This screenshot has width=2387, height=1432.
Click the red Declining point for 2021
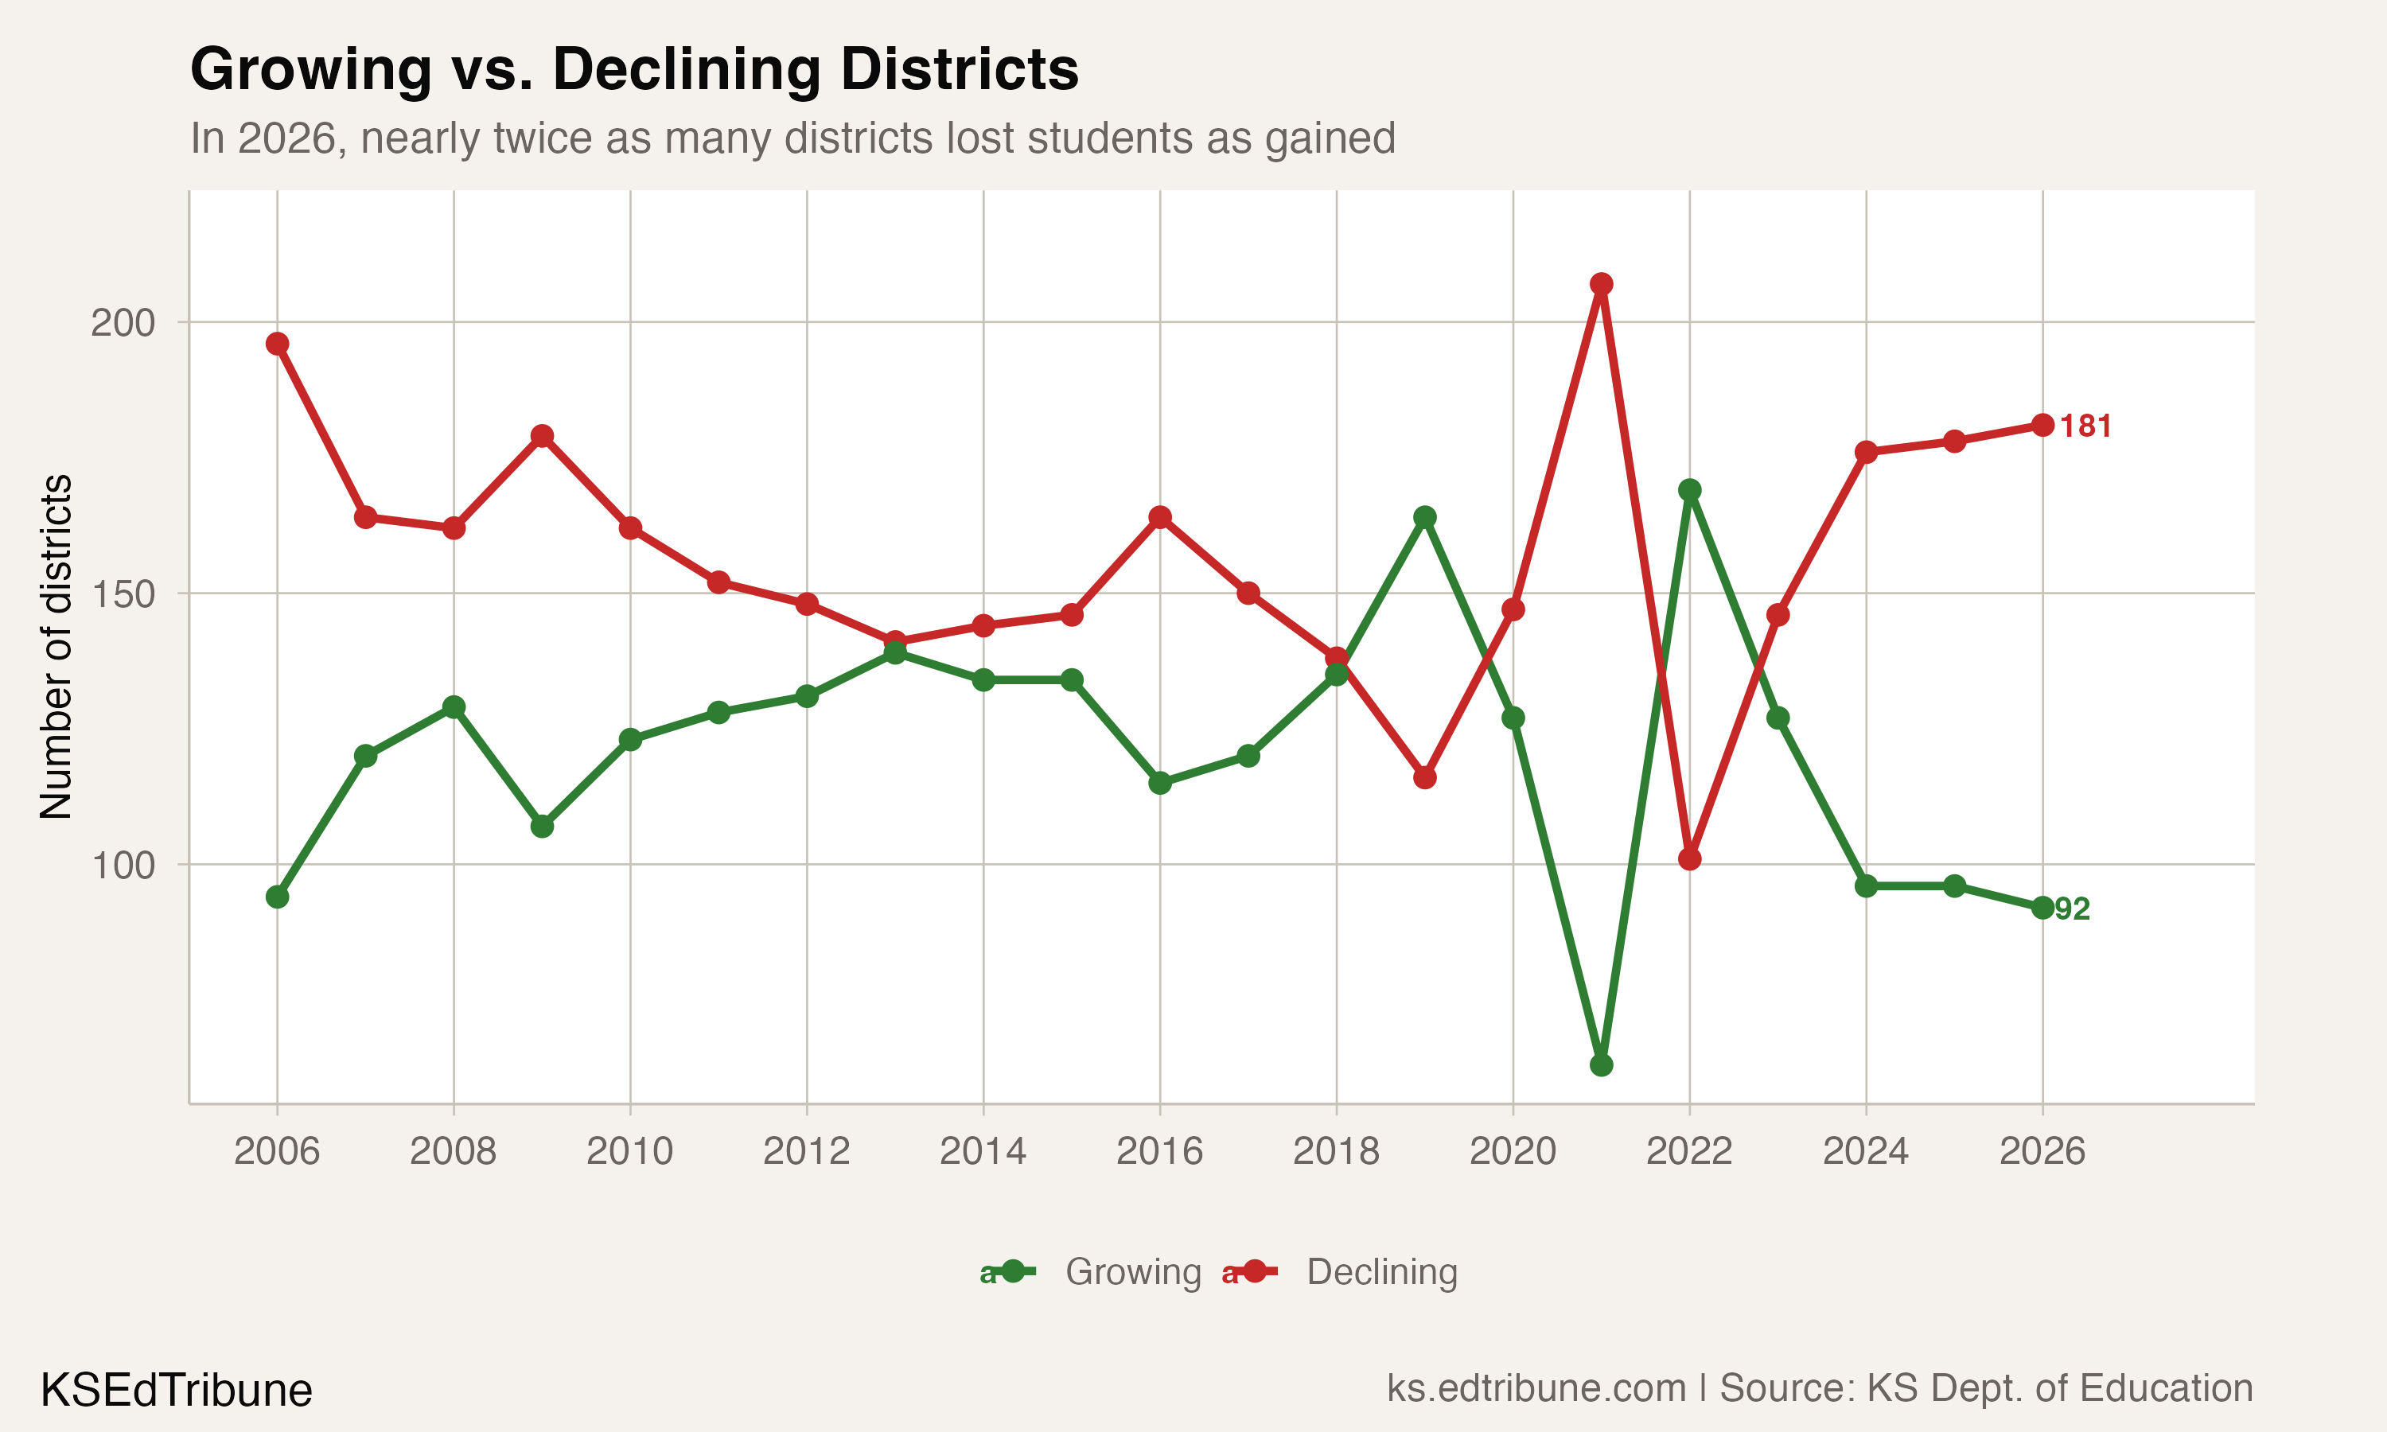[x=1601, y=284]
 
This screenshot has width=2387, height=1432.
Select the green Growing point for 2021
[x=1601, y=1065]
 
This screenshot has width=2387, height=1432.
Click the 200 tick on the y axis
[x=123, y=322]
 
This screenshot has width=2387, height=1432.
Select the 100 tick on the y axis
[x=123, y=866]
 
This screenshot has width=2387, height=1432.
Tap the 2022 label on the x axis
[x=1688, y=1151]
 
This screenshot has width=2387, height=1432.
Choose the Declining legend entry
[x=1380, y=1272]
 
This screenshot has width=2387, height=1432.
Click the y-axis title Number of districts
[x=56, y=647]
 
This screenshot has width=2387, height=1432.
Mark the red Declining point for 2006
[x=277, y=344]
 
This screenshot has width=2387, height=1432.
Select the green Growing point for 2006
[x=277, y=897]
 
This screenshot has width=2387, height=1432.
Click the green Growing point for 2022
[x=1689, y=490]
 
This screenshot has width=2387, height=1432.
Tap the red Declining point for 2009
[x=542, y=436]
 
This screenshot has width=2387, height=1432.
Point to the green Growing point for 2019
[x=1424, y=517]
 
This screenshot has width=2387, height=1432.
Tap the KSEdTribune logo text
[x=176, y=1391]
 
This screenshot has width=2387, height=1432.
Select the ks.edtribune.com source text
[x=1535, y=1388]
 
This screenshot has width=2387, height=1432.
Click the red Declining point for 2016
[x=1160, y=517]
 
